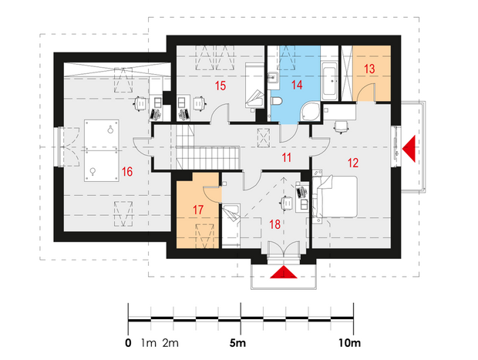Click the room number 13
(369, 69)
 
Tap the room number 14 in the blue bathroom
(297, 85)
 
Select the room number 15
(220, 86)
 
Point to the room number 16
(127, 172)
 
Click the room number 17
(198, 210)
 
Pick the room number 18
(274, 224)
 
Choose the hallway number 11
(286, 157)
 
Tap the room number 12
(353, 163)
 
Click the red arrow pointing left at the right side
(409, 149)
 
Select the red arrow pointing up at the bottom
(284, 272)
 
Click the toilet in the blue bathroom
(276, 100)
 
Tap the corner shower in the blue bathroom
(310, 112)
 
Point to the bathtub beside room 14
(329, 81)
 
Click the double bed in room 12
(335, 197)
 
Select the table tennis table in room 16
(102, 150)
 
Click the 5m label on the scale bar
(237, 343)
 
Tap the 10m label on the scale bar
(350, 343)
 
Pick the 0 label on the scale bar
(128, 343)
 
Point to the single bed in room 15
(255, 86)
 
